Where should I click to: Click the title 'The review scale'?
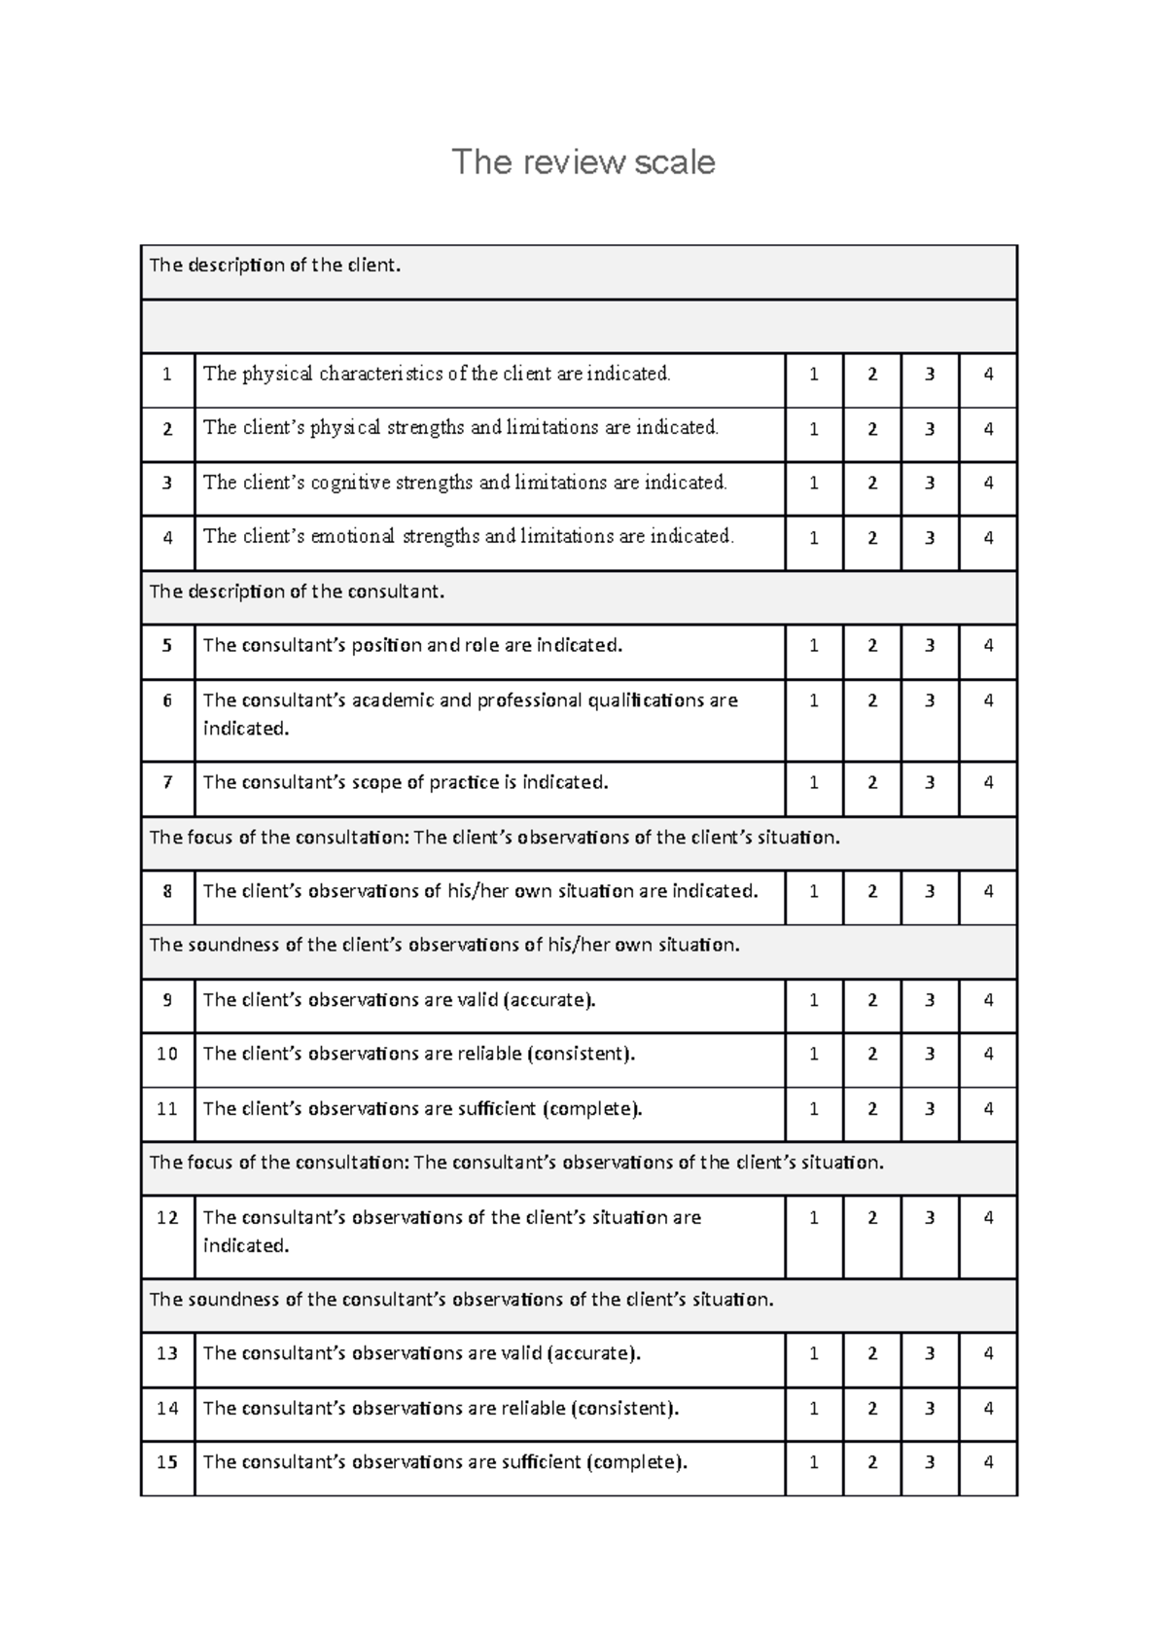coord(583,162)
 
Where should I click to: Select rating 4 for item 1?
coord(988,374)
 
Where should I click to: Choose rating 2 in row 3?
coord(871,483)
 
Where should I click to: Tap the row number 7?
coord(167,782)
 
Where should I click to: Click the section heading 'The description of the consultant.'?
coord(297,592)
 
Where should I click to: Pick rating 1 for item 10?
coord(813,1054)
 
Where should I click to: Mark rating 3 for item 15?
coord(930,1462)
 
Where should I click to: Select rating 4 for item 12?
coord(988,1217)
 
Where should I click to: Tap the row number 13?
coord(167,1353)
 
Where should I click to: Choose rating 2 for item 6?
coord(871,700)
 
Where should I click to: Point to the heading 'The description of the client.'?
coord(274,266)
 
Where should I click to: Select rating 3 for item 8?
coord(930,891)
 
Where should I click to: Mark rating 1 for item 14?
coord(813,1408)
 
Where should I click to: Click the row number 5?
coord(167,645)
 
